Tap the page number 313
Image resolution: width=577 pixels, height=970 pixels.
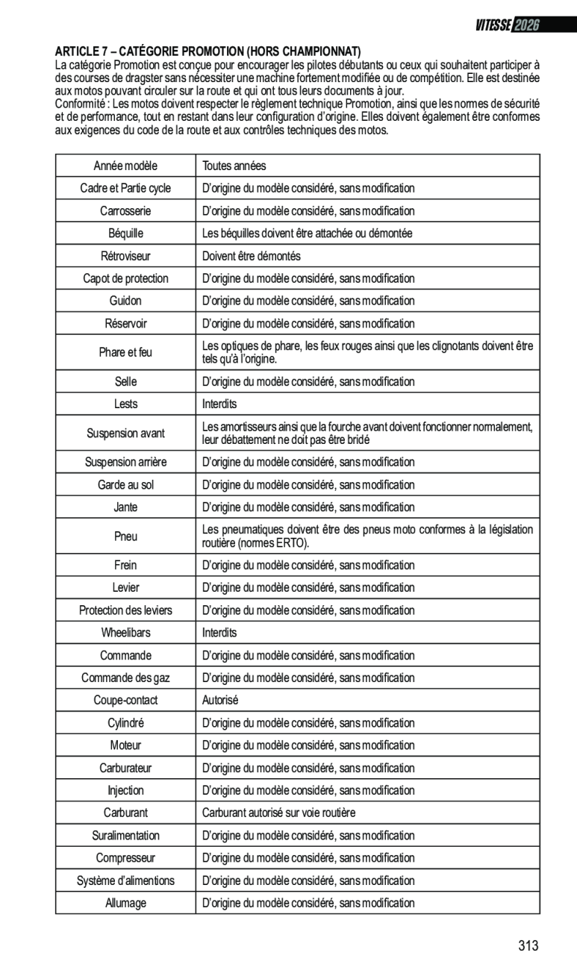point(528,946)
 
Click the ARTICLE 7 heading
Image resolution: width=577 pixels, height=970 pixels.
point(208,51)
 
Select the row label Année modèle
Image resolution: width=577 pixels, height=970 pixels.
point(125,166)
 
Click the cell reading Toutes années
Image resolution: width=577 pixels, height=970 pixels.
point(234,166)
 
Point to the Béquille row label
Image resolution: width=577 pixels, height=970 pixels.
point(125,234)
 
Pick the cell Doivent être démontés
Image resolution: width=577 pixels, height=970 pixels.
point(252,256)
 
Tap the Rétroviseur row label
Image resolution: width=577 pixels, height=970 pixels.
point(125,256)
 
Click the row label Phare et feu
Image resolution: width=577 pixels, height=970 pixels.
point(125,352)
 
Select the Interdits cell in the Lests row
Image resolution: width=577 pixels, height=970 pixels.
point(219,404)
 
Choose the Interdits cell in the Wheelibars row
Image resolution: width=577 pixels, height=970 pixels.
point(219,633)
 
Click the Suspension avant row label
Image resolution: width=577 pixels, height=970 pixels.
point(125,433)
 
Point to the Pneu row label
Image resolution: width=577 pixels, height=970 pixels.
point(125,536)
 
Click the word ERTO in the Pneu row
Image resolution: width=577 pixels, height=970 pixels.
point(291,542)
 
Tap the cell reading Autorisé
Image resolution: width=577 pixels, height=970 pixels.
point(220,700)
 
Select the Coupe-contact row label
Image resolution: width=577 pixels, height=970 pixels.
point(125,700)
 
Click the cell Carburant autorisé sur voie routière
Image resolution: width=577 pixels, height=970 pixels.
point(279,812)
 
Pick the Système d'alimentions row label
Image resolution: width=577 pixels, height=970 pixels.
point(125,880)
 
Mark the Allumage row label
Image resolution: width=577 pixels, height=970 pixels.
point(125,903)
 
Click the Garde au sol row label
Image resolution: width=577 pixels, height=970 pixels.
point(125,485)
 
